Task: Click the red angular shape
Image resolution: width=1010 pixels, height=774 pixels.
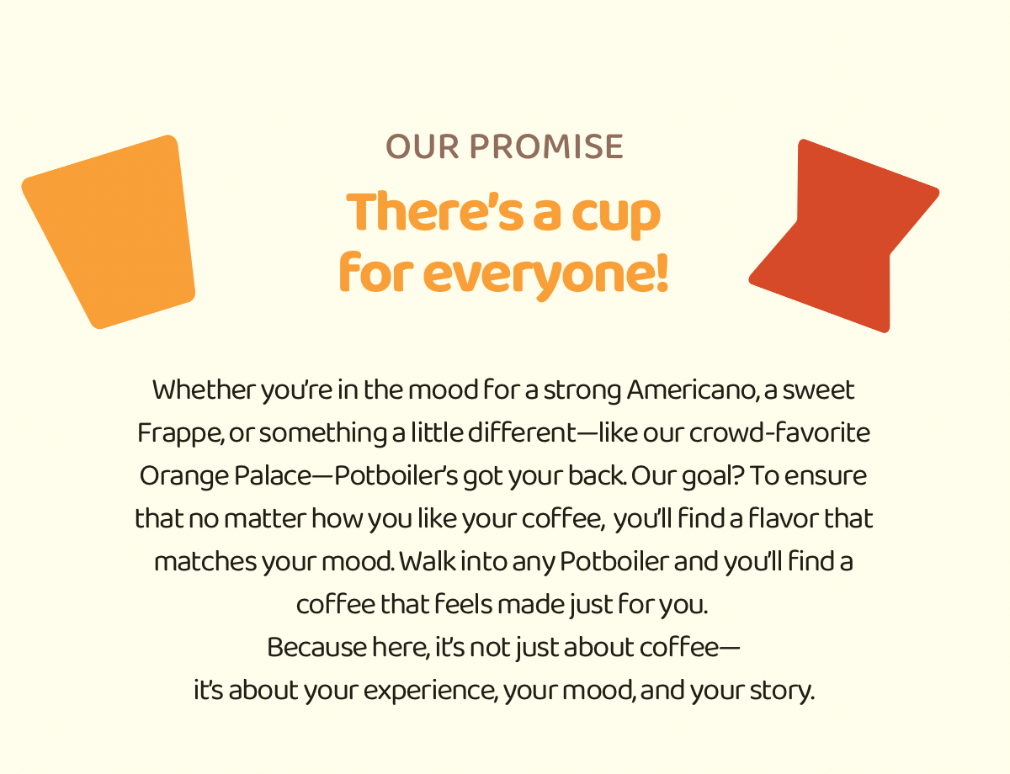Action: pos(843,236)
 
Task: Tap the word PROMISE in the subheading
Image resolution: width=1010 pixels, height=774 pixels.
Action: pos(546,147)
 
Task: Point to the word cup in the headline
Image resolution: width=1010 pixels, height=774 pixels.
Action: pos(616,217)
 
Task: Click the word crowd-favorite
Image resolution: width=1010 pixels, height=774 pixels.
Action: pos(779,432)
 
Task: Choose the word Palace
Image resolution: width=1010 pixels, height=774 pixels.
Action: pos(272,475)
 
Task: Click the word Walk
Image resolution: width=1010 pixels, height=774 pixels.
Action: pos(428,561)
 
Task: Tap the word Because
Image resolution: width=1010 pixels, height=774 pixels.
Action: pos(317,647)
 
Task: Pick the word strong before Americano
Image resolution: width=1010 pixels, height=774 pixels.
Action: pos(582,391)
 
